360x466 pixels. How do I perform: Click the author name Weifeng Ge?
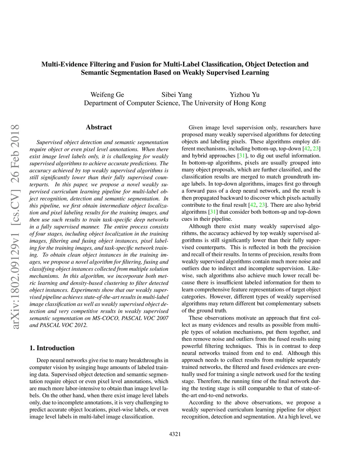(x=107, y=95)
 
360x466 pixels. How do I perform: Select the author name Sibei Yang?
(x=177, y=95)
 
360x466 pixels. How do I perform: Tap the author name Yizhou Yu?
(x=245, y=95)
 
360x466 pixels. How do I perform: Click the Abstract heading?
(x=99, y=127)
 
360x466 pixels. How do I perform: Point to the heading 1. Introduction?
(x=52, y=348)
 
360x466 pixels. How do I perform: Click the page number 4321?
(x=175, y=434)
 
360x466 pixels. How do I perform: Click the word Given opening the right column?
(x=196, y=128)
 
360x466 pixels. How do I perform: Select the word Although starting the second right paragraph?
(x=200, y=226)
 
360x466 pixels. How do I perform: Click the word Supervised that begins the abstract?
(x=50, y=142)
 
